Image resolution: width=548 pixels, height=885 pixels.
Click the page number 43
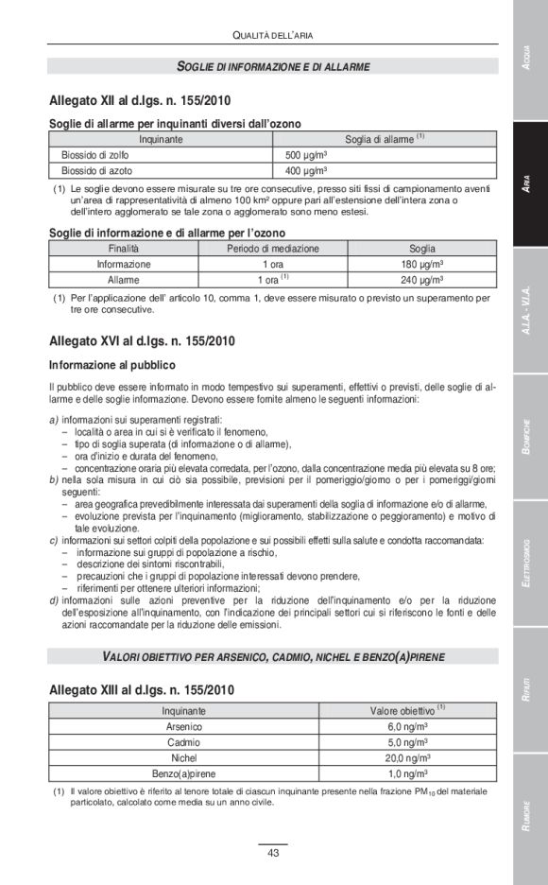coord(272,853)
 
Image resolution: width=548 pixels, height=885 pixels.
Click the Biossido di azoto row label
coord(97,171)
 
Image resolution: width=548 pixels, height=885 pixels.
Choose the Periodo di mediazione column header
coord(272,249)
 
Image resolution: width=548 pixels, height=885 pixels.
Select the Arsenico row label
coord(183,726)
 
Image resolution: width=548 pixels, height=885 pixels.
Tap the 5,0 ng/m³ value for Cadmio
coord(407,742)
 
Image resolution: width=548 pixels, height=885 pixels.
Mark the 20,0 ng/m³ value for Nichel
coord(407,758)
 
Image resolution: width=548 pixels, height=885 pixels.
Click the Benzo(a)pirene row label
coord(183,773)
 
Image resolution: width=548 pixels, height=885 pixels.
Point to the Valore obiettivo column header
coord(407,709)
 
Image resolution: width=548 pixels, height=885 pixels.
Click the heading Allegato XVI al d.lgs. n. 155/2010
coord(142,340)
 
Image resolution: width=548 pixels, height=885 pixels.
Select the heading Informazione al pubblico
coord(112,364)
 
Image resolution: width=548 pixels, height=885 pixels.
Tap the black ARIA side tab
coord(530,186)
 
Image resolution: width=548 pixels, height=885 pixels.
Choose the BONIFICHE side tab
coord(530,438)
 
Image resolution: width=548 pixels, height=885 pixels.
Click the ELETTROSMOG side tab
coord(530,564)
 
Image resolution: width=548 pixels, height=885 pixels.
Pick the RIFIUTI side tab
coord(530,689)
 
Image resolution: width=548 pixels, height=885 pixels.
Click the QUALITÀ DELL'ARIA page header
coord(272,35)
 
